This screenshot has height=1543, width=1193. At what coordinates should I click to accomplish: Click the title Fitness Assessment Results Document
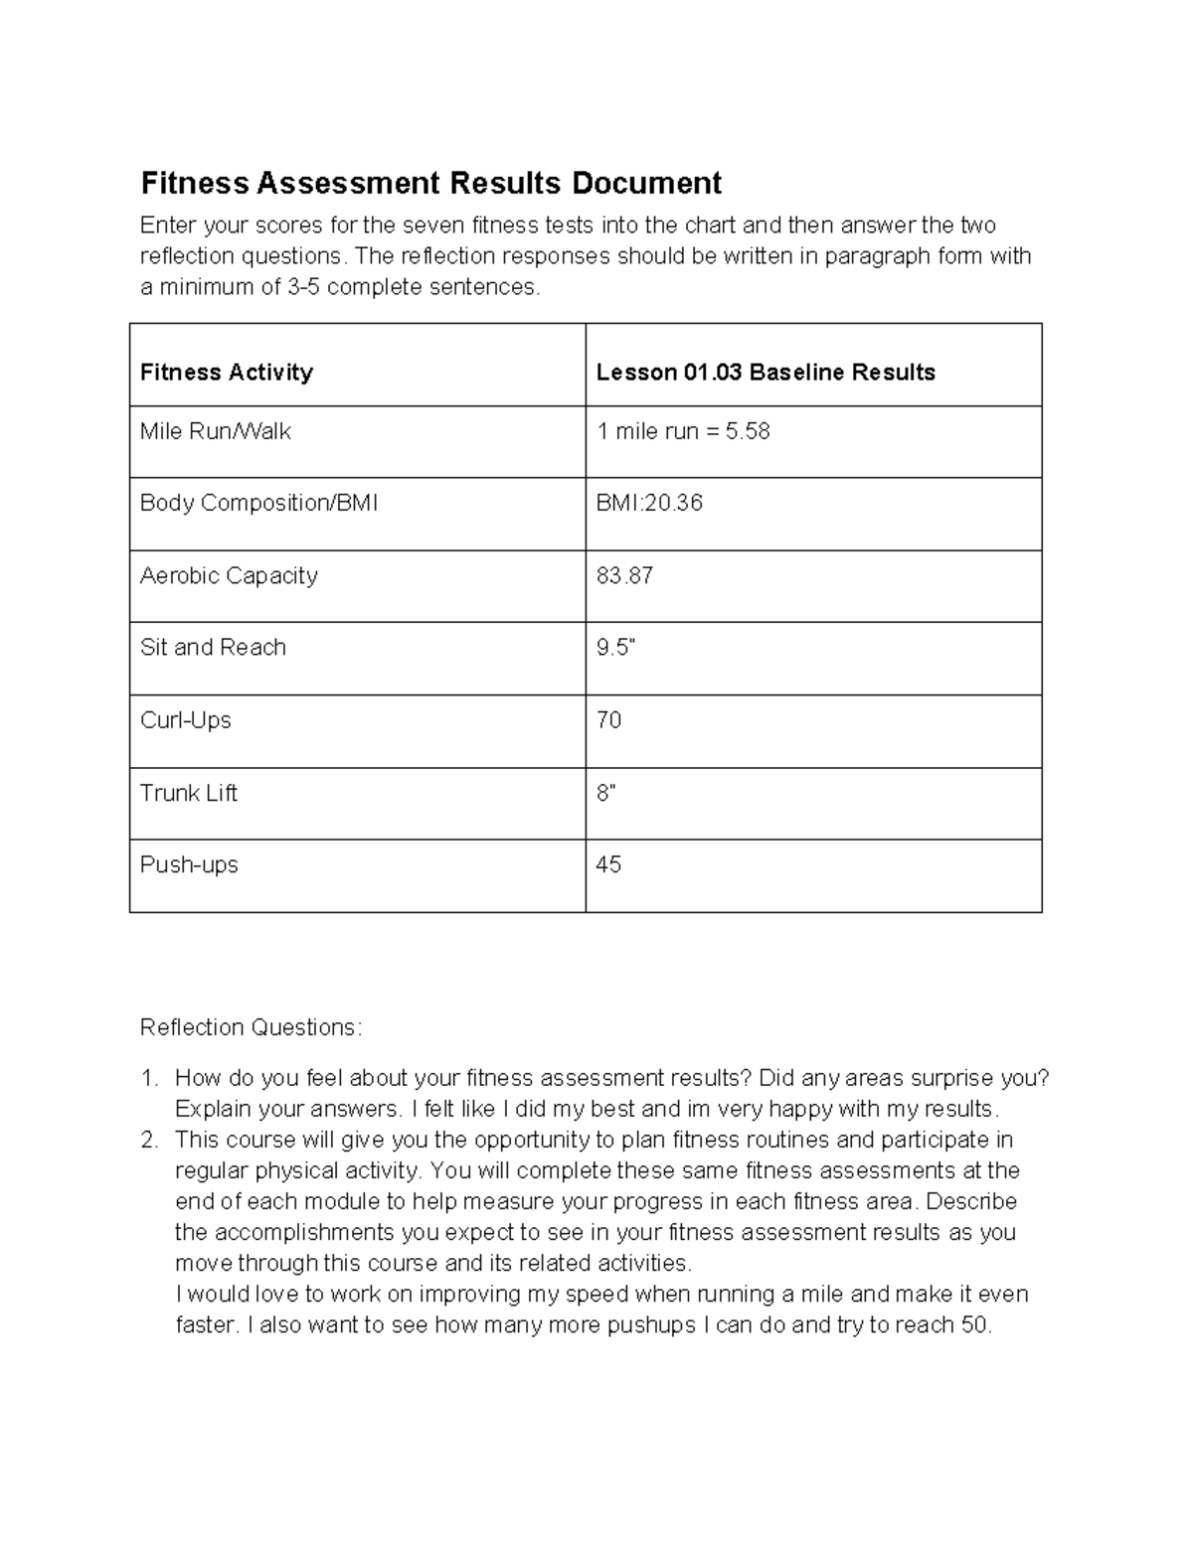tap(430, 184)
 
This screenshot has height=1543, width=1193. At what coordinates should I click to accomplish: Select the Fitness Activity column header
tap(227, 373)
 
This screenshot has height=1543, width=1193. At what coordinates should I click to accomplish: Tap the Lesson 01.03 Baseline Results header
tap(766, 373)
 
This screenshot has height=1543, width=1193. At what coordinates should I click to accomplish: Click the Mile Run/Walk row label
tap(216, 432)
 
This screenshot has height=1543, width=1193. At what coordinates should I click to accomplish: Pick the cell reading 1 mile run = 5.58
tap(683, 432)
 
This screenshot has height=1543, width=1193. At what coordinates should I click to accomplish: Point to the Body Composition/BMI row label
tap(258, 504)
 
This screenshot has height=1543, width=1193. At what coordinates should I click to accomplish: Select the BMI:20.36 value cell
tap(649, 504)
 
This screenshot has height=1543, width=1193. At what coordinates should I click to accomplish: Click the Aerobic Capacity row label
tap(229, 576)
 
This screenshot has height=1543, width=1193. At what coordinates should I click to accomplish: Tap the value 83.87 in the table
tap(624, 576)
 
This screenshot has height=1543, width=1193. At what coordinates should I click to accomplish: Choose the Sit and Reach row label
tap(213, 648)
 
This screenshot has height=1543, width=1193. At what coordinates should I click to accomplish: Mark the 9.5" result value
tap(615, 648)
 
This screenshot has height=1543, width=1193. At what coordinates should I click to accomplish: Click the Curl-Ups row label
tap(186, 720)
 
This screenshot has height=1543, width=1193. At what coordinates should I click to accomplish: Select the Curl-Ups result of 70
tap(608, 720)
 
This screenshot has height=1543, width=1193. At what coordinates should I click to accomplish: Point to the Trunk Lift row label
tap(189, 793)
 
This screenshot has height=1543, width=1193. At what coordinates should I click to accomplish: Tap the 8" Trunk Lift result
tap(605, 793)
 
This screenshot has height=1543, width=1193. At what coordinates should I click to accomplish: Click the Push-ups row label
tap(189, 865)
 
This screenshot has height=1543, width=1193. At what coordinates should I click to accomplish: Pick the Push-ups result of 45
tap(608, 865)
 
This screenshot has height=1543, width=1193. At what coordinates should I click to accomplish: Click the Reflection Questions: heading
tap(252, 1027)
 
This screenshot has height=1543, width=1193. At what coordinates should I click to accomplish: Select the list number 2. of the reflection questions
tap(149, 1141)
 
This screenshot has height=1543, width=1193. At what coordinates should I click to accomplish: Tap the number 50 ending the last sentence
tap(974, 1325)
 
